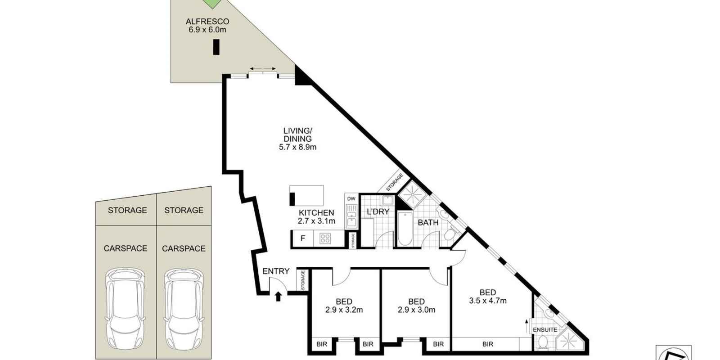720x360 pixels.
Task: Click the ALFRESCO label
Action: (207, 22)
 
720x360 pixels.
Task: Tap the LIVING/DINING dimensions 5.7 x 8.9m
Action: (297, 147)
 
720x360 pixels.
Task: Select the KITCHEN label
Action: (316, 213)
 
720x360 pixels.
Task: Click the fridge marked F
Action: (303, 238)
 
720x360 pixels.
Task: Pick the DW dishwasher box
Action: (351, 198)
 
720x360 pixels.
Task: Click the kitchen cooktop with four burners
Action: (325, 238)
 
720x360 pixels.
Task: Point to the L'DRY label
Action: (378, 212)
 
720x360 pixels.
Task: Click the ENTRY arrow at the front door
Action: (278, 296)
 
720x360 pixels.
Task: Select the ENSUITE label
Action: (545, 330)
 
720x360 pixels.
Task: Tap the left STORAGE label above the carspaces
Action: (127, 210)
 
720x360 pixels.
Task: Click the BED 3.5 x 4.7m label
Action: (487, 297)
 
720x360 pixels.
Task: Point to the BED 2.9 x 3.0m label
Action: (416, 306)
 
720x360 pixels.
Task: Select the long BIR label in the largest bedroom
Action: (487, 344)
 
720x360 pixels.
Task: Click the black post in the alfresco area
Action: (216, 47)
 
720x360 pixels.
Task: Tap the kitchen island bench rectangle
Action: (306, 195)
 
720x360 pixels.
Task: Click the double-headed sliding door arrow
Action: (263, 69)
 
